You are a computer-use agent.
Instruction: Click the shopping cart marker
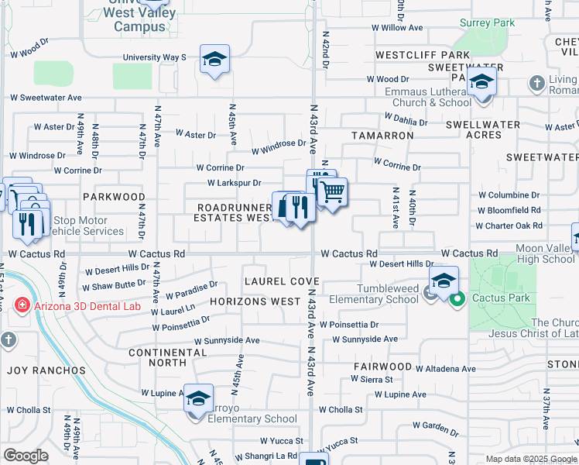click(x=332, y=191)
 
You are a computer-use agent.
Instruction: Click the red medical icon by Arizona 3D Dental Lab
click(x=22, y=305)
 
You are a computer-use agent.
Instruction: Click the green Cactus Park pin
click(x=457, y=298)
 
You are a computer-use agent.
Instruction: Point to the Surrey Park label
click(x=487, y=23)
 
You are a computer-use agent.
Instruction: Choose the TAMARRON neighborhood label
click(x=382, y=135)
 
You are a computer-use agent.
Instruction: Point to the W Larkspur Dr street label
click(x=234, y=183)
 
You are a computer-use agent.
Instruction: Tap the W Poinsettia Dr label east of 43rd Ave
click(x=349, y=325)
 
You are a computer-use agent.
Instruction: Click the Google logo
click(x=26, y=456)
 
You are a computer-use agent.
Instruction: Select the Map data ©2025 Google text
click(x=531, y=459)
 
